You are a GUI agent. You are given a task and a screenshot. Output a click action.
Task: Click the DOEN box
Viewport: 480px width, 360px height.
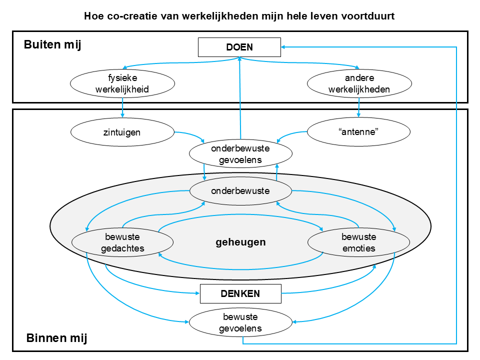click(239, 47)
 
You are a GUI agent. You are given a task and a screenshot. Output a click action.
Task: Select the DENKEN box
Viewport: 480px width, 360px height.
click(240, 293)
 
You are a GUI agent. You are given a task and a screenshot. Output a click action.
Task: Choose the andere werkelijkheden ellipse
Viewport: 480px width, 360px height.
click(358, 84)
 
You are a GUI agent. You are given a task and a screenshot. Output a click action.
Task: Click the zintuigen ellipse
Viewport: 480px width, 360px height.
click(122, 132)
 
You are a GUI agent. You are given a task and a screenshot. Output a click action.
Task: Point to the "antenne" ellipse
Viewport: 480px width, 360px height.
click(358, 132)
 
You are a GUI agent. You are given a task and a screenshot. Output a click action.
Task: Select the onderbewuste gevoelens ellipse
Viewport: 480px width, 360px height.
click(240, 155)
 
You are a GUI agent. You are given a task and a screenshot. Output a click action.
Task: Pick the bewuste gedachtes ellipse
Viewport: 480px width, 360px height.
click(122, 242)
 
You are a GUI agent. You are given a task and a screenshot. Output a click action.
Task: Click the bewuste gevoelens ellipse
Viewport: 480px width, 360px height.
click(240, 322)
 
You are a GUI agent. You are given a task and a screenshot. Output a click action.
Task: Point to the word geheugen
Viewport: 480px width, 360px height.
click(240, 242)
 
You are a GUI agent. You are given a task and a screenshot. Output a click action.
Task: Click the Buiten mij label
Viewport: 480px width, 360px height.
click(52, 45)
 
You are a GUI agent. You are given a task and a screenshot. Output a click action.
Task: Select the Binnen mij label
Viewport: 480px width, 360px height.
click(56, 338)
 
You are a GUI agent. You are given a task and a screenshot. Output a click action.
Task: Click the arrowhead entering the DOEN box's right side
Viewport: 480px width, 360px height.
click(284, 47)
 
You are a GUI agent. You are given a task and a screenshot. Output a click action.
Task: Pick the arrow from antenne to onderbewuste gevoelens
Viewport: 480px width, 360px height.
click(290, 134)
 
